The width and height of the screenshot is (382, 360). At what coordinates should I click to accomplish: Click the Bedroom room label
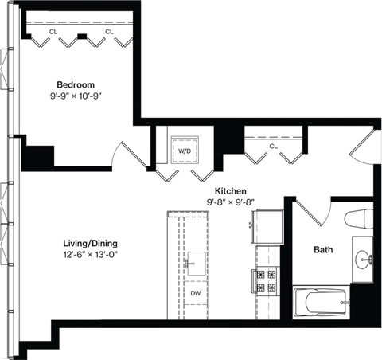76,84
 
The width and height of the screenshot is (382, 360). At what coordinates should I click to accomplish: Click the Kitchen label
230,192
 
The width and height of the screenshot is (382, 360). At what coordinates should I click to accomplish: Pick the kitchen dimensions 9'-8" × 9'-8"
230,203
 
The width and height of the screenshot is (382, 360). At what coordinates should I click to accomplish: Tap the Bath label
322,250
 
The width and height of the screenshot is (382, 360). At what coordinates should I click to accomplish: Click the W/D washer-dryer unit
184,149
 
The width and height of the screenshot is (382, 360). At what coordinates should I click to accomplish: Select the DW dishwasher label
194,293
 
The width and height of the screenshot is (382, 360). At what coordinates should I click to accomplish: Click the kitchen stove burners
265,280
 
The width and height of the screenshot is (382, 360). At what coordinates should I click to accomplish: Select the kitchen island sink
194,260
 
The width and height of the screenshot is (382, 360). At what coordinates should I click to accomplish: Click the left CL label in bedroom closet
53,32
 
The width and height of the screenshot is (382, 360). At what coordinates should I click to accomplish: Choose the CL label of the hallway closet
273,147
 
